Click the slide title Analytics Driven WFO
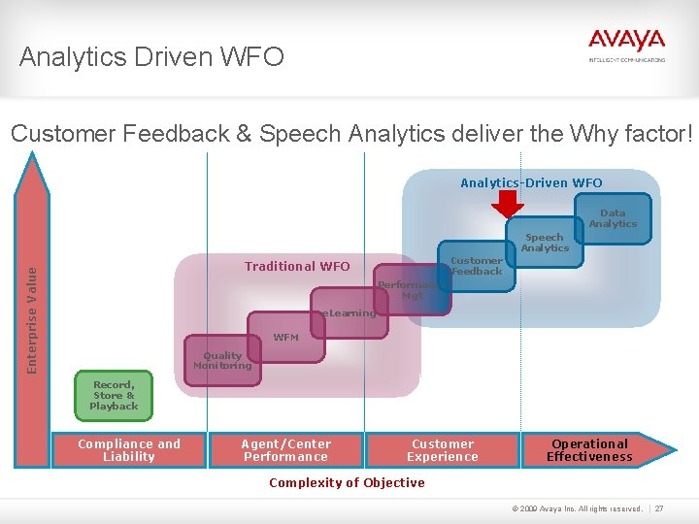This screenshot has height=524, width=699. pyautogui.click(x=151, y=57)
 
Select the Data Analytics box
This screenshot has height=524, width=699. pyautogui.click(x=613, y=218)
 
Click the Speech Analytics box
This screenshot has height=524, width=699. pyautogui.click(x=545, y=243)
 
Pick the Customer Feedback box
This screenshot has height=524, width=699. pyautogui.click(x=476, y=266)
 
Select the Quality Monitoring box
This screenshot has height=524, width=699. pyautogui.click(x=221, y=361)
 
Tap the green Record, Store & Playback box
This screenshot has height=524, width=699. pyautogui.click(x=114, y=396)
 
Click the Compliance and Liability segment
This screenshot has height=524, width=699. pyautogui.click(x=129, y=450)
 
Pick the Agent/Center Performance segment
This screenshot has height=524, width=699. pyautogui.click(x=285, y=450)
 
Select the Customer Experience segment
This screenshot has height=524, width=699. pyautogui.click(x=443, y=450)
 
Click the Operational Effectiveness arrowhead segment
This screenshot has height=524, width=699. pyautogui.click(x=592, y=450)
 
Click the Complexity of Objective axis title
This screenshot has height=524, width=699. pyautogui.click(x=347, y=483)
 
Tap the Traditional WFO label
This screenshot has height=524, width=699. pyautogui.click(x=297, y=266)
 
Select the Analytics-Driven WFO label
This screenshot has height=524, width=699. pyautogui.click(x=531, y=182)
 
